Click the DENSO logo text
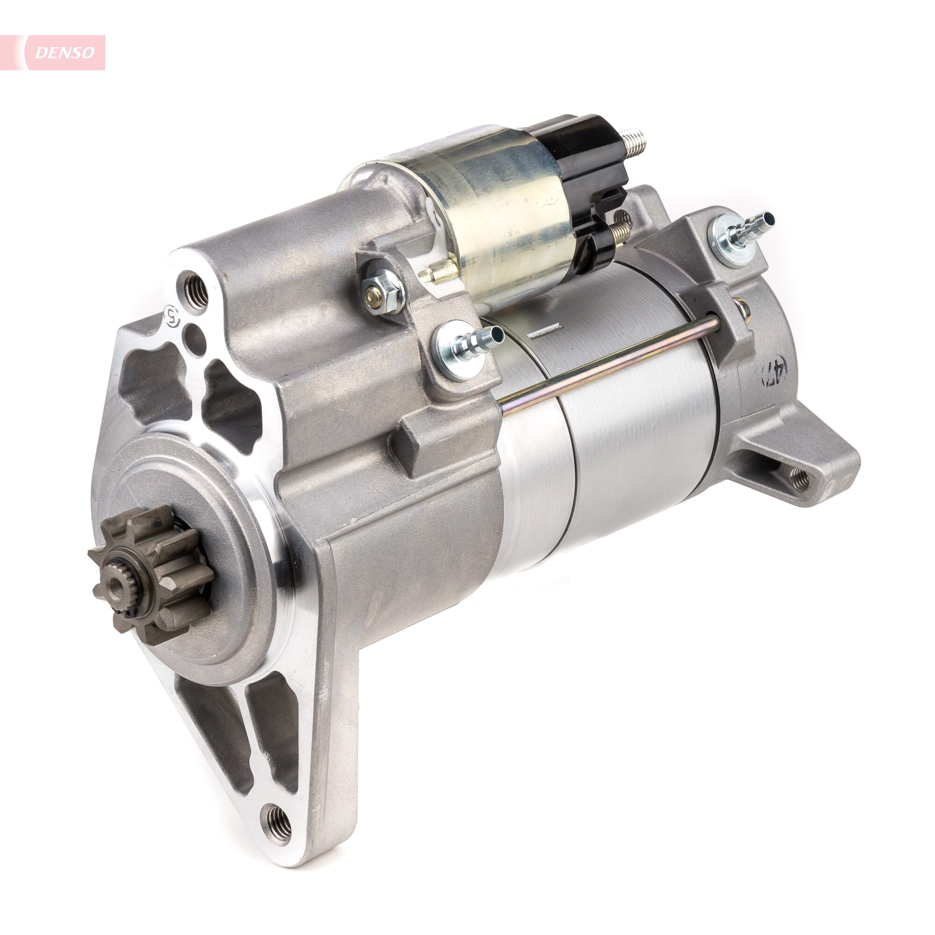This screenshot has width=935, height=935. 65,53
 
